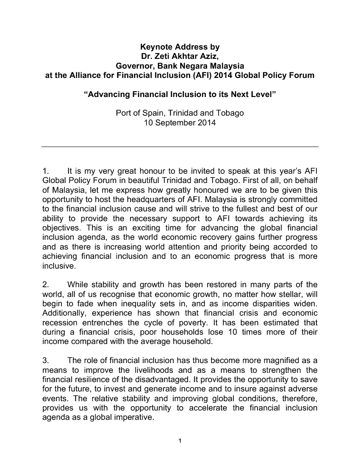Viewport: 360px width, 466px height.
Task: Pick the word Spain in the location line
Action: click(x=155, y=114)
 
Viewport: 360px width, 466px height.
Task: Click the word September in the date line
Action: click(x=177, y=123)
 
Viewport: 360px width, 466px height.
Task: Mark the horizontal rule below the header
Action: click(x=180, y=147)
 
